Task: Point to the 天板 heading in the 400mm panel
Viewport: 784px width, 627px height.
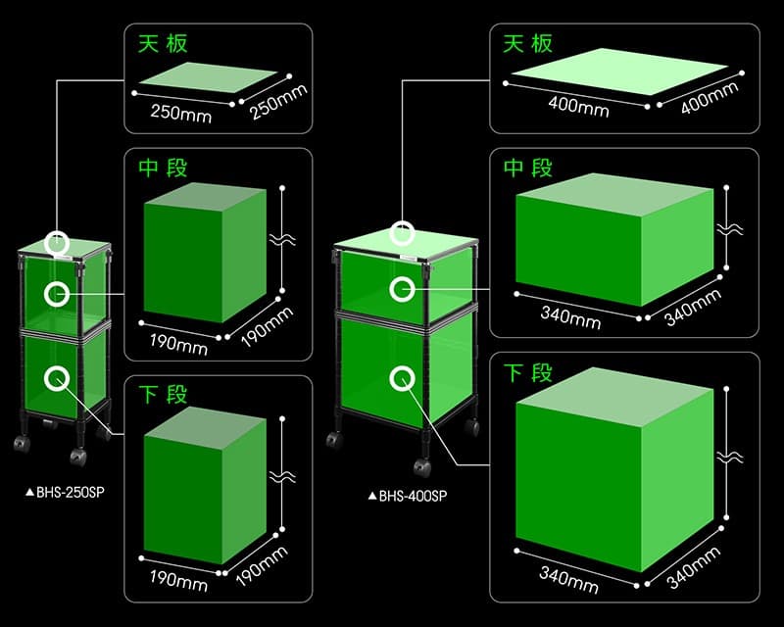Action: [528, 44]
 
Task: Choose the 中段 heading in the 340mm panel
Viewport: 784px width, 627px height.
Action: [528, 169]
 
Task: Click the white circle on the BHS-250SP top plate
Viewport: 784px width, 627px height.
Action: [59, 242]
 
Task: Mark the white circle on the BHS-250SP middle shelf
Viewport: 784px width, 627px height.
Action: [57, 293]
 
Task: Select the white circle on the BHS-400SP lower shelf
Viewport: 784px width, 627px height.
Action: [401, 377]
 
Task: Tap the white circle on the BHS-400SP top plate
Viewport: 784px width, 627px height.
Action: [402, 233]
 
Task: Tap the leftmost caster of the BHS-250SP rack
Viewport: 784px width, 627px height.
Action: [22, 445]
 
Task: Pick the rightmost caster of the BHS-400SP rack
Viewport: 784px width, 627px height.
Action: [472, 428]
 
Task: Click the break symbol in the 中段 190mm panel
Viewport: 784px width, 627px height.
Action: [283, 237]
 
